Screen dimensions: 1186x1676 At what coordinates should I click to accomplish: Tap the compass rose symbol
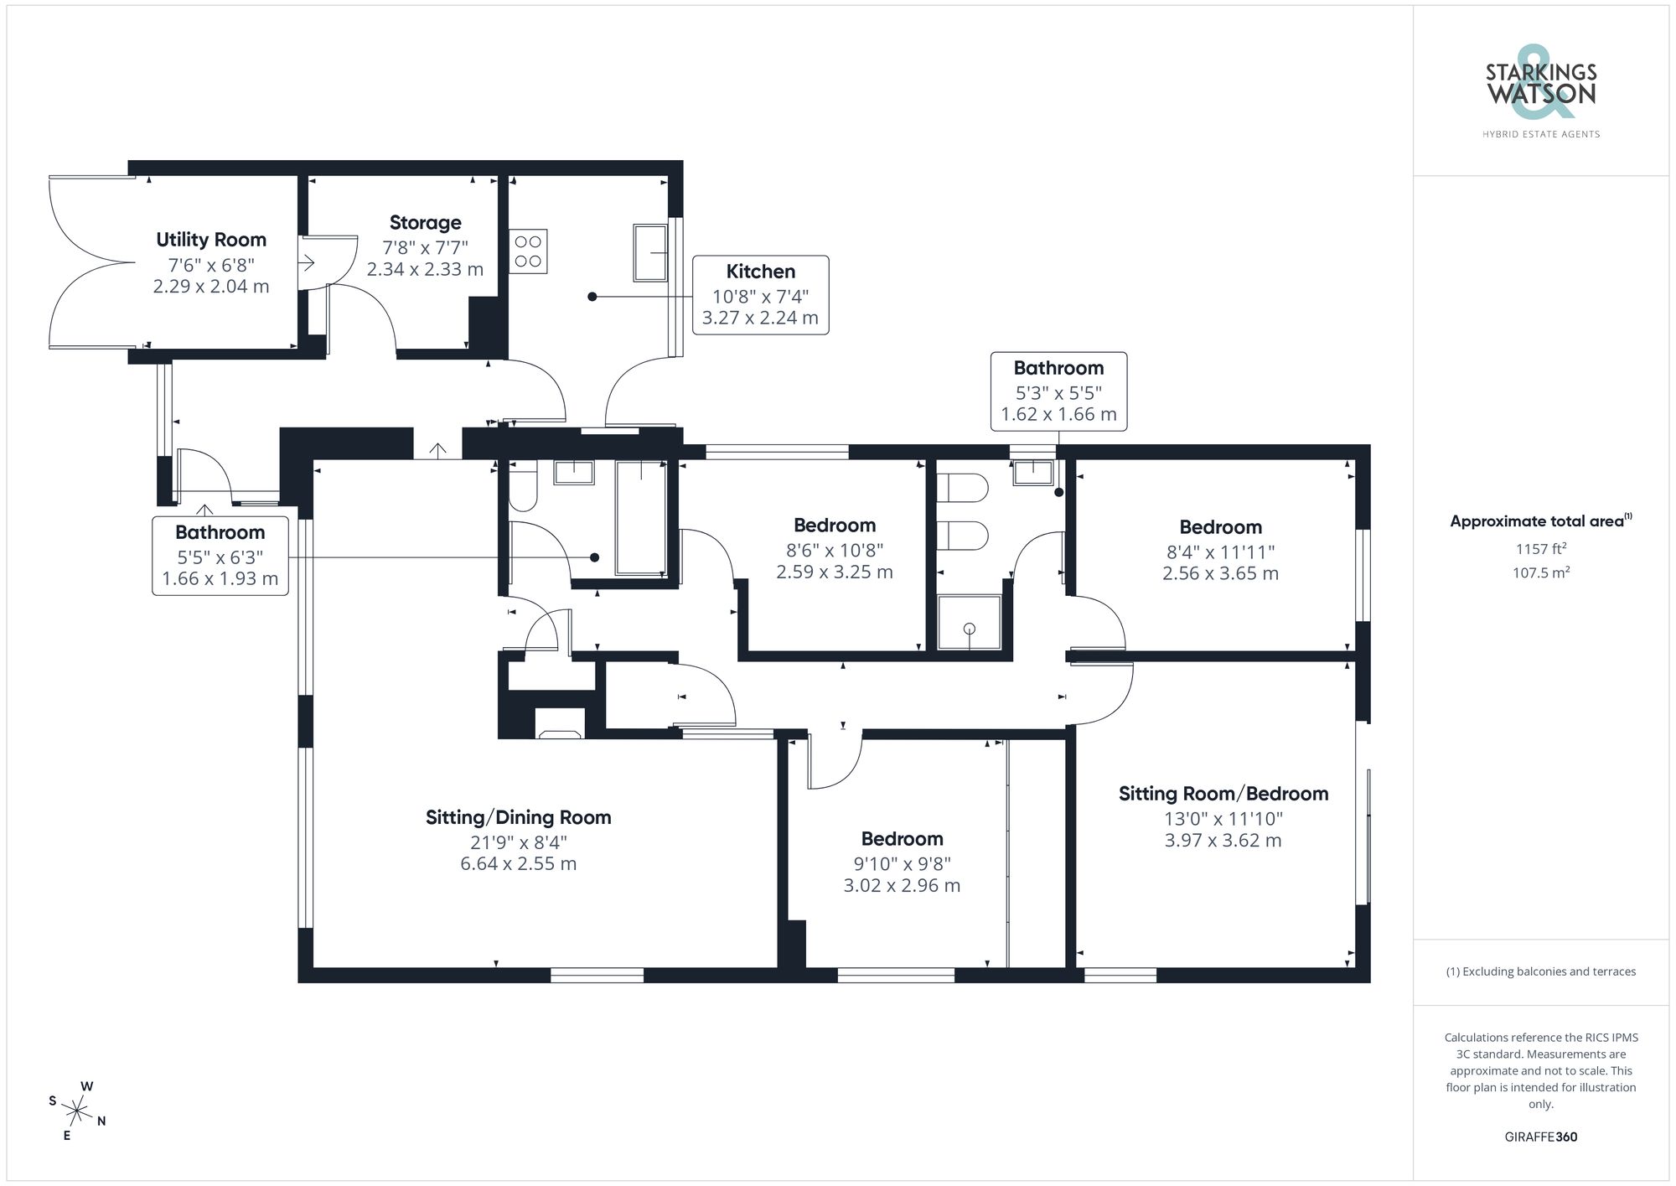(77, 1112)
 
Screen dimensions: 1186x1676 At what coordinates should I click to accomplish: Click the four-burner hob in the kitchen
(528, 251)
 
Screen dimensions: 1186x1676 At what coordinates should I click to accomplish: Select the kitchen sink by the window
(650, 252)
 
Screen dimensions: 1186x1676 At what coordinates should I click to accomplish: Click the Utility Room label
(211, 240)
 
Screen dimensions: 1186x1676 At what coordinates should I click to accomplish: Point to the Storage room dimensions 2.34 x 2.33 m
(425, 269)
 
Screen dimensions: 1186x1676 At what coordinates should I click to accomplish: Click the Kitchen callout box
(760, 295)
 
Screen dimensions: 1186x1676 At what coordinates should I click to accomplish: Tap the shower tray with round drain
(969, 623)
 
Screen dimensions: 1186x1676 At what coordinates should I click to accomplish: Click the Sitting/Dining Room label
(518, 817)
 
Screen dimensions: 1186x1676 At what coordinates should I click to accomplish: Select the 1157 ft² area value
(1540, 549)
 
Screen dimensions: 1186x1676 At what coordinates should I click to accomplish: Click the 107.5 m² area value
(1540, 573)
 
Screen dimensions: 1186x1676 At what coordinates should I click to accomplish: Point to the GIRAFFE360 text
(1540, 1137)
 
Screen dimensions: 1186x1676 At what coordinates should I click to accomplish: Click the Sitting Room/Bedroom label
(1223, 794)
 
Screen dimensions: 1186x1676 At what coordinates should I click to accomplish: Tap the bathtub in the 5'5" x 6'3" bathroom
(641, 517)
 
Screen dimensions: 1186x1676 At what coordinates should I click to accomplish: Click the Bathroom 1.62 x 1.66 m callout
(1058, 391)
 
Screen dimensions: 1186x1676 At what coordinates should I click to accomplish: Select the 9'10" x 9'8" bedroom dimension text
(902, 863)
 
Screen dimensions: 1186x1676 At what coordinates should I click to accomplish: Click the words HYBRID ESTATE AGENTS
(1540, 134)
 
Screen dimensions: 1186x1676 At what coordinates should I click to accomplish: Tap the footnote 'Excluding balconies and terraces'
(1540, 971)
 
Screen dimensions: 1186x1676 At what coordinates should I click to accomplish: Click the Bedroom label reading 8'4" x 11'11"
(1220, 527)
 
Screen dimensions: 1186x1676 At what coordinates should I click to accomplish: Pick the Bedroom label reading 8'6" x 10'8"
(835, 526)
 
